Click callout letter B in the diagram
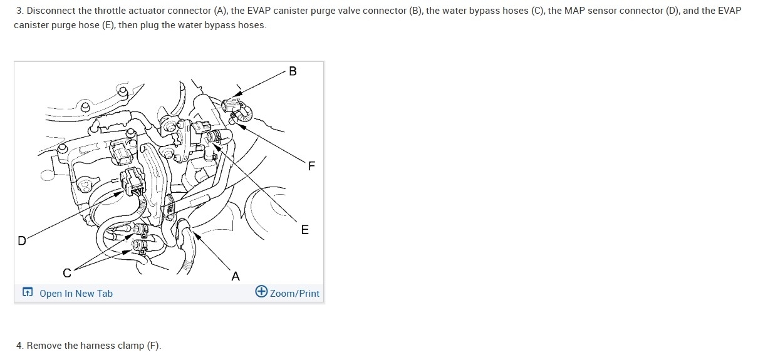pyautogui.click(x=293, y=71)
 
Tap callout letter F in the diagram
pyautogui.click(x=312, y=166)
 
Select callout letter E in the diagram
pyautogui.click(x=305, y=230)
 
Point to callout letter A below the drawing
pyautogui.click(x=236, y=276)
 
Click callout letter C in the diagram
pyautogui.click(x=66, y=273)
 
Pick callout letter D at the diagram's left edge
pyautogui.click(x=22, y=240)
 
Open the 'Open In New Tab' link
pyautogui.click(x=76, y=293)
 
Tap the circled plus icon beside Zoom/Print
pyautogui.click(x=262, y=292)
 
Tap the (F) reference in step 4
pyautogui.click(x=154, y=345)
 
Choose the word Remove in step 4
pyautogui.click(x=44, y=345)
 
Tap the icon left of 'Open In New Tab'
pyautogui.click(x=27, y=292)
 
